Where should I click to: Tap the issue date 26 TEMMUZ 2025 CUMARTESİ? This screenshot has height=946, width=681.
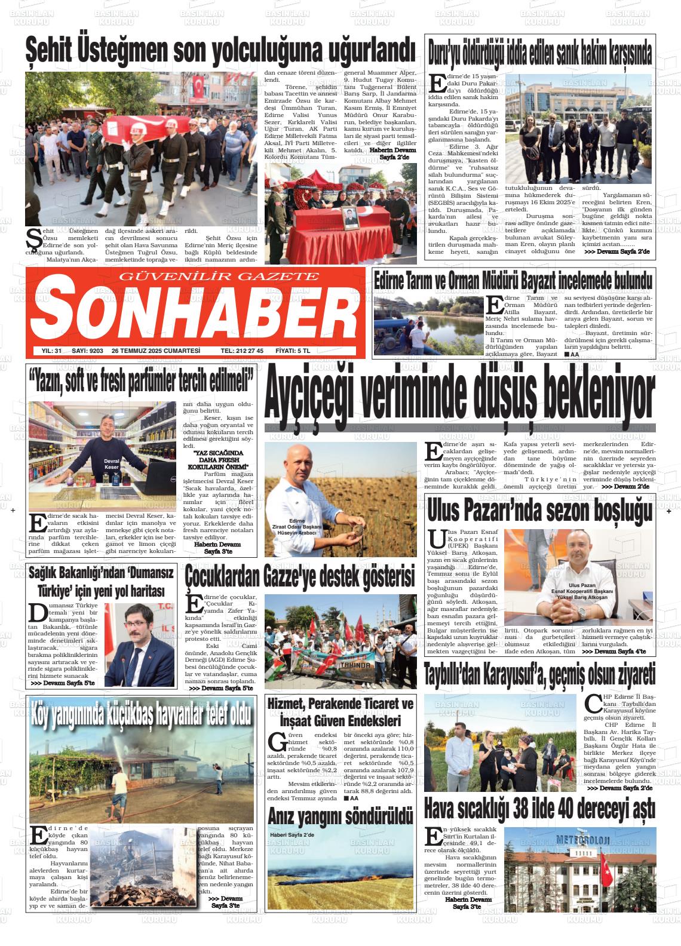155,351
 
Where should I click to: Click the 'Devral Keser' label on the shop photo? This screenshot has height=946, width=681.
111,464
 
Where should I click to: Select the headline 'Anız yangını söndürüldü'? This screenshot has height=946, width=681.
340,814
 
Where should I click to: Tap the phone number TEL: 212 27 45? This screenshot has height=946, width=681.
242,351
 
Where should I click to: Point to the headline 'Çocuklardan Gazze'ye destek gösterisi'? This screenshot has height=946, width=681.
300,577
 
